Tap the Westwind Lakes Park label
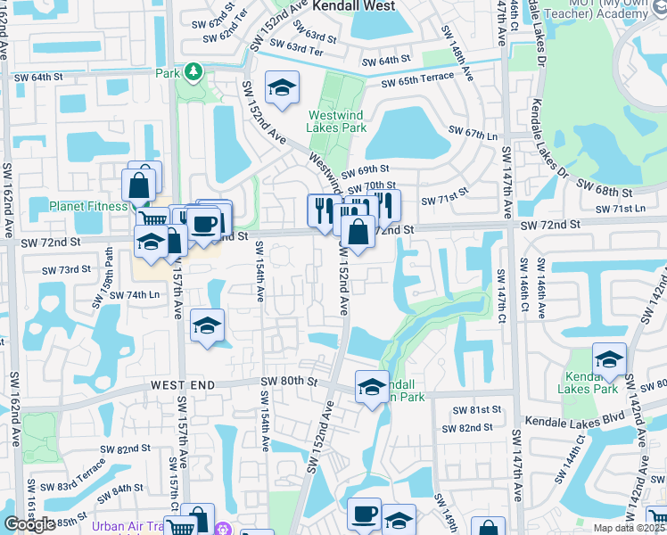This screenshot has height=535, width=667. [x=337, y=121]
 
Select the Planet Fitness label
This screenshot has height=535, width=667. [x=85, y=206]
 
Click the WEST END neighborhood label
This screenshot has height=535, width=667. [x=183, y=383]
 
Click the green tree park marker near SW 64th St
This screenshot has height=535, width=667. [x=192, y=72]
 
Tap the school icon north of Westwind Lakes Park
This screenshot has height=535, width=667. [x=283, y=87]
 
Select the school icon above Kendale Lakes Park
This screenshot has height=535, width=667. [x=609, y=358]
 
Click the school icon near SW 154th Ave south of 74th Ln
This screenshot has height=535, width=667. [x=207, y=325]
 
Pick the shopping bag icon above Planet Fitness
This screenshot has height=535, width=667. [x=139, y=186]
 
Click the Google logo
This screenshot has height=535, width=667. [x=29, y=524]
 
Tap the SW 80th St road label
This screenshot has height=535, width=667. [x=289, y=381]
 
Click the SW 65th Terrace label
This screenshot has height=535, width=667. [x=418, y=82]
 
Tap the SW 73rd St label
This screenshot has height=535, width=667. [x=67, y=268]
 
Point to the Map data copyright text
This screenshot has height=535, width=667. [x=630, y=528]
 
